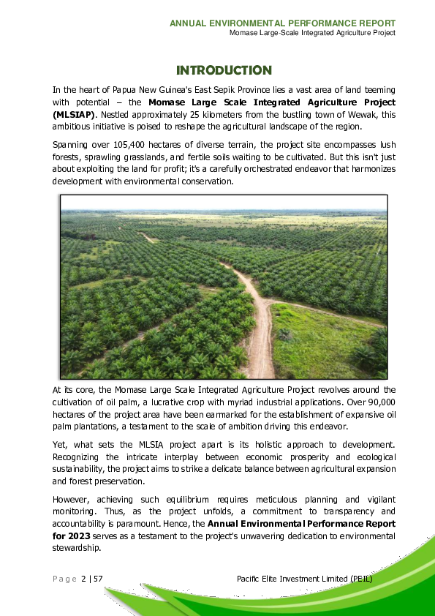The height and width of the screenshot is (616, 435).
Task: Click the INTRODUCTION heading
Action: coord(224,70)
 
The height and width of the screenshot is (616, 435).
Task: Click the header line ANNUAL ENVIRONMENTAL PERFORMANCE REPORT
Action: coord(282,23)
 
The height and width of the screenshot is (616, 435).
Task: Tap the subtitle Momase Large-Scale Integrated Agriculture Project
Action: coord(312,33)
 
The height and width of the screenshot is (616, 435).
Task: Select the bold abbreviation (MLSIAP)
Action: coord(74,115)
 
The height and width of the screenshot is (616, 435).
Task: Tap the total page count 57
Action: coord(97,579)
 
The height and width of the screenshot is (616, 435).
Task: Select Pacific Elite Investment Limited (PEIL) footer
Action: coord(305,579)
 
